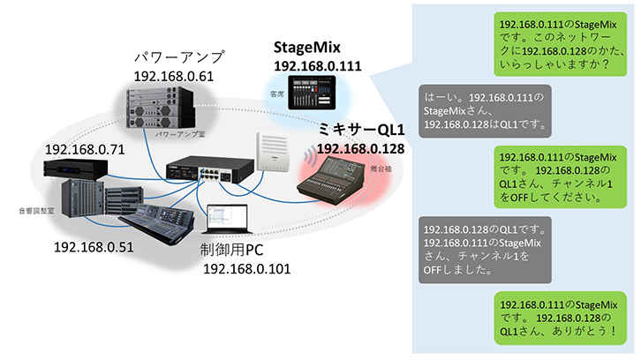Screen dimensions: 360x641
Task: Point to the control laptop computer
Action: [x=226, y=222]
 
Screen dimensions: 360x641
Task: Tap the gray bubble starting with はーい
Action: [x=486, y=111]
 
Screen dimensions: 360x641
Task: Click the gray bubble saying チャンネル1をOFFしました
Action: [x=486, y=248]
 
